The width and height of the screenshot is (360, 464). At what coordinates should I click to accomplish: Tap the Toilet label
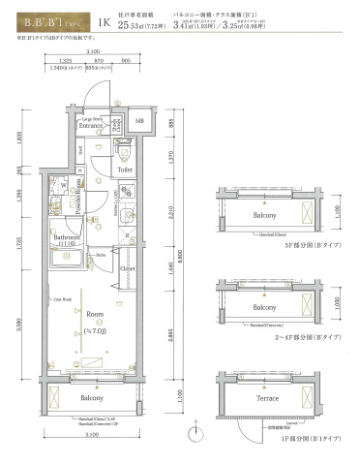(125, 170)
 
